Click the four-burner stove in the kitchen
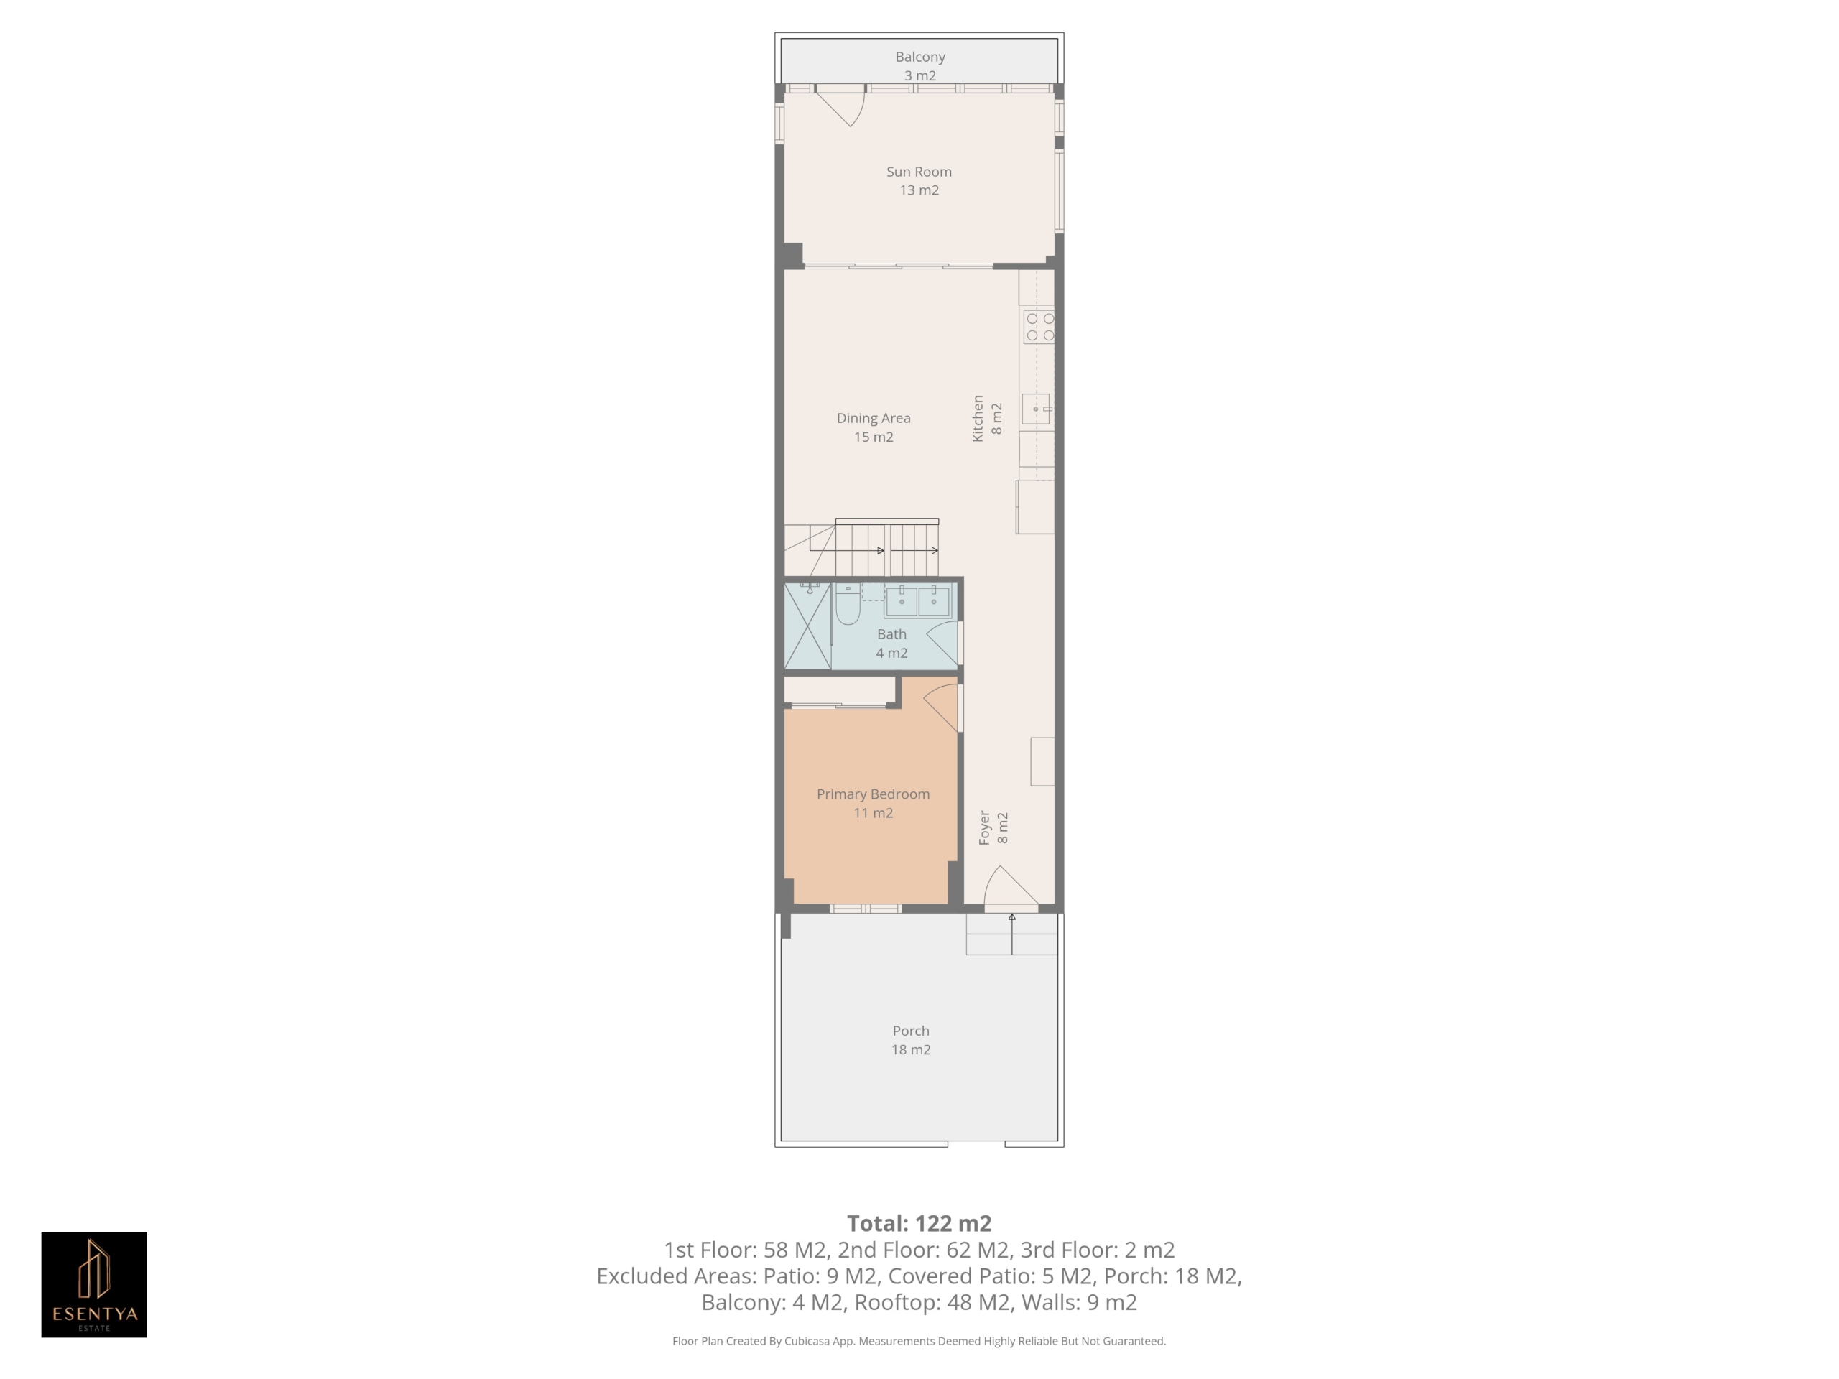1039,327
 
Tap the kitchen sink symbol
1037,409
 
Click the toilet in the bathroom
847,604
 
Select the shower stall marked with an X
808,626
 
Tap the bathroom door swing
942,644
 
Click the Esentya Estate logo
94,1284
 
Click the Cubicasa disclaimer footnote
919,1341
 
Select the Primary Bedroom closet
840,691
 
